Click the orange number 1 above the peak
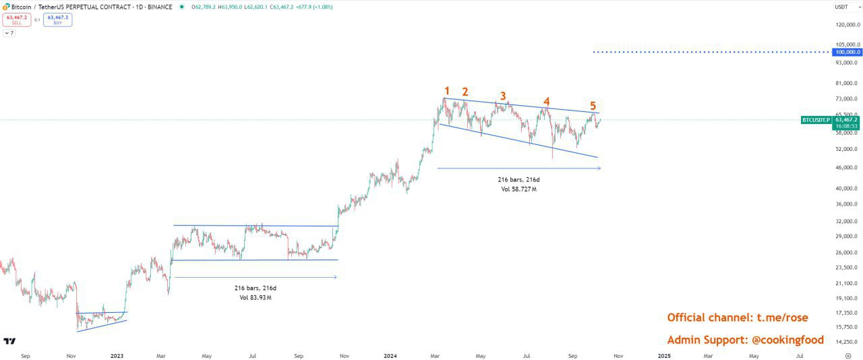pos(446,91)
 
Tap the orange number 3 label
pos(503,96)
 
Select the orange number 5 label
pos(593,106)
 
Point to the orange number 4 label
pos(547,101)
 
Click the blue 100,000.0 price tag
pos(847,52)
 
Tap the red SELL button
pos(16,20)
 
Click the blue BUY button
pos(57,20)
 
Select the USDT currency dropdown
pos(845,7)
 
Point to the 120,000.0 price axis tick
pos(847,25)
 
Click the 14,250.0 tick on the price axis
pos(847,342)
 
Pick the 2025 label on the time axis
pos(663,355)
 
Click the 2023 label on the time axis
pos(117,355)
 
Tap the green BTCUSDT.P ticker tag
pos(816,119)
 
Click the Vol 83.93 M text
pos(256,297)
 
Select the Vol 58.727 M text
pos(518,189)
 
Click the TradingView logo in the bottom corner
pos(9,341)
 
